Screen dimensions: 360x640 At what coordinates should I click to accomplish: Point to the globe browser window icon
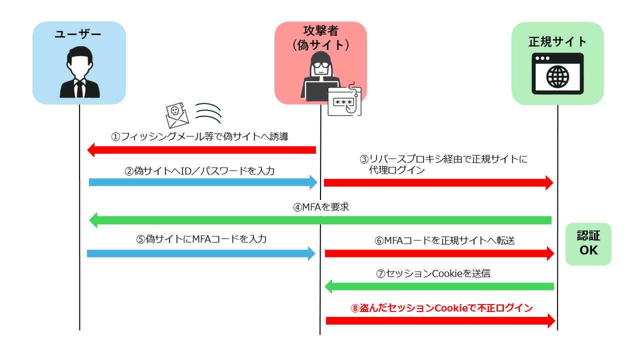click(557, 74)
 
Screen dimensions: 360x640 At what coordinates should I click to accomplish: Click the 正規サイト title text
click(557, 41)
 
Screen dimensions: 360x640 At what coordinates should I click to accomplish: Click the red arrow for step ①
click(201, 150)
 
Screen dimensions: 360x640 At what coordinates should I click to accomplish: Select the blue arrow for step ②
click(203, 182)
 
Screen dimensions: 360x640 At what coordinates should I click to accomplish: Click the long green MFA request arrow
click(320, 220)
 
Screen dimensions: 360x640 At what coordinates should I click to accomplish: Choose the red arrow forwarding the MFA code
click(439, 253)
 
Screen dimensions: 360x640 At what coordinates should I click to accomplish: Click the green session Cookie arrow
click(439, 286)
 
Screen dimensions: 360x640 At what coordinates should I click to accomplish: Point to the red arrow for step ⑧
click(440, 320)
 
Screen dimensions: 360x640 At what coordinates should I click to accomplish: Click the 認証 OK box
click(588, 243)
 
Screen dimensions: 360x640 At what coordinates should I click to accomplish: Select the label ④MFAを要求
click(321, 207)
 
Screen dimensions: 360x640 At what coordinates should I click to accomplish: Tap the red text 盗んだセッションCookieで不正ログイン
click(441, 308)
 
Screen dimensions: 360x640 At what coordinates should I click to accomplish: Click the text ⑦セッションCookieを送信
click(433, 273)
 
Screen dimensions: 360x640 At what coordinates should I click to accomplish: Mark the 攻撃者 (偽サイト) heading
click(320, 37)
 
